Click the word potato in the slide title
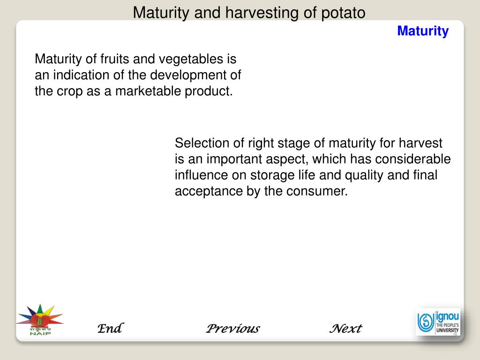pyautogui.click(x=343, y=13)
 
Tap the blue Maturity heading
pyautogui.click(x=423, y=31)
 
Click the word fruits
pyautogui.click(x=114, y=60)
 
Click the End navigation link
pyautogui.click(x=110, y=329)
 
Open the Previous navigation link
pyautogui.click(x=233, y=329)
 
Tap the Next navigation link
pyautogui.click(x=345, y=329)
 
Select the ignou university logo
pyautogui.click(x=438, y=322)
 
